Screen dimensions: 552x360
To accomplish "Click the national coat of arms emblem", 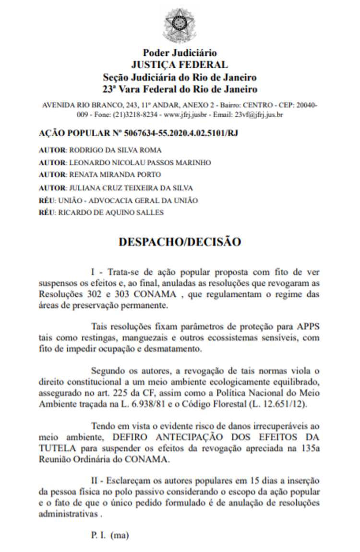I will [x=180, y=24].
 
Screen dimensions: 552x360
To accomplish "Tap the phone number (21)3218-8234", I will [x=136, y=115].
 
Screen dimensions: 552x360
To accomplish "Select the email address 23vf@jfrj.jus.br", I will [x=258, y=115].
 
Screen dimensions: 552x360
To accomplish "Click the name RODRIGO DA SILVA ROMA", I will [x=115, y=150].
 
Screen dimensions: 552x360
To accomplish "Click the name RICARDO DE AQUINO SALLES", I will [x=110, y=212].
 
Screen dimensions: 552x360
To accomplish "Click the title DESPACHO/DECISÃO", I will [x=180, y=241].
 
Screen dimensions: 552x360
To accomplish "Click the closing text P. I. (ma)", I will [x=110, y=534].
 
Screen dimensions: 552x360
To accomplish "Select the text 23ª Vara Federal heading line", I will [x=180, y=89].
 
